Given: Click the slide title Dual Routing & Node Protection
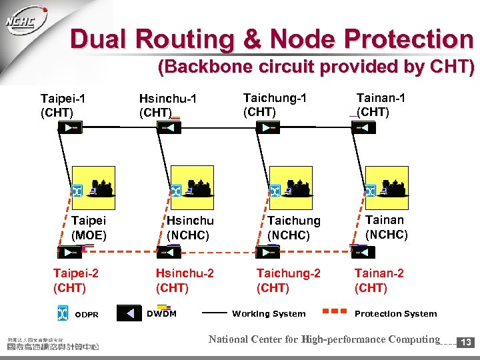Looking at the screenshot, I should point(271,39).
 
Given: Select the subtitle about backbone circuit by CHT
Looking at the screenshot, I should point(315,67).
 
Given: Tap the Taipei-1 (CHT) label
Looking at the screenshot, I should point(64,105).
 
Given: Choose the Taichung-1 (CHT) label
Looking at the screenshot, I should point(275,105).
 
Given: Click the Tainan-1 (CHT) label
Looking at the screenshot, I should point(380,105).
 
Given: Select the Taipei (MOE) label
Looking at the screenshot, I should point(89,227).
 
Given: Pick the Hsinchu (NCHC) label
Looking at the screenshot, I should point(189,227).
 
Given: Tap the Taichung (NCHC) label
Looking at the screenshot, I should point(293,227).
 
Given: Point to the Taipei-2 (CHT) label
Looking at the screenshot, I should point(75,280).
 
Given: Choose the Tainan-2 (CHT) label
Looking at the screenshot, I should point(379,280).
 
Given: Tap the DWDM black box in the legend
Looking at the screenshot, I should point(130,313).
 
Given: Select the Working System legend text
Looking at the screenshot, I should point(269,313).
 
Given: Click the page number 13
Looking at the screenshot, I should point(467,342).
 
